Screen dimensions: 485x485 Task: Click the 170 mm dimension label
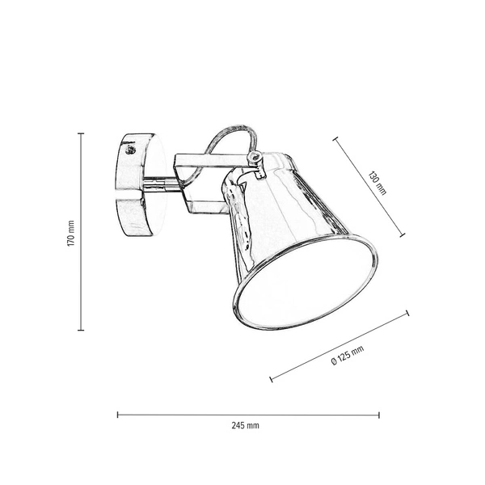tap(71, 233)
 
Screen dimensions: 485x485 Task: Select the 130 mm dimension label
tap(378, 183)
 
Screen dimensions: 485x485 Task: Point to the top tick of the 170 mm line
tap(81, 134)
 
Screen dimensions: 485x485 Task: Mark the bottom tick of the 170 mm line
tap(81, 330)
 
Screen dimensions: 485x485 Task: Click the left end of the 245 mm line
tap(118, 415)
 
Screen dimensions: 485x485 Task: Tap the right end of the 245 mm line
tap(379, 415)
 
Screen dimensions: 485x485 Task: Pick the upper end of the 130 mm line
tap(335, 139)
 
